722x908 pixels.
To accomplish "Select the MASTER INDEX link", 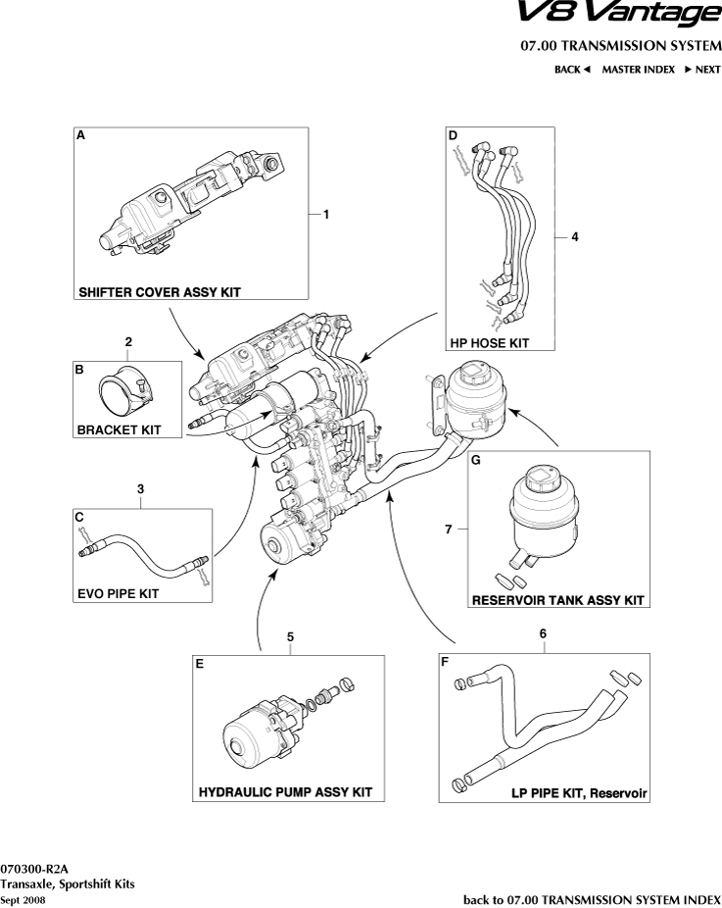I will pos(638,70).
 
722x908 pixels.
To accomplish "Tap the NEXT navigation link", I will pos(702,70).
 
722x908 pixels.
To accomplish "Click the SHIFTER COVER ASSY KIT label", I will pos(160,292).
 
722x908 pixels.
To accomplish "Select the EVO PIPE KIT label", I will pos(118,593).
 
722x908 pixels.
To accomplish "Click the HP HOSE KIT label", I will pos(489,343).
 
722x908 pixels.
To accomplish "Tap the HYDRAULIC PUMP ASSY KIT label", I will pos(285,791).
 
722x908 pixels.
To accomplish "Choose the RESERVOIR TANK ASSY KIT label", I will pos(557,600).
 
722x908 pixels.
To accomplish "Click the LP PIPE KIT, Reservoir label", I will pos(580,791).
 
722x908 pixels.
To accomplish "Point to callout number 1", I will pos(326,213).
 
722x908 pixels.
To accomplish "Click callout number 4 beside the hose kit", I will pos(575,236).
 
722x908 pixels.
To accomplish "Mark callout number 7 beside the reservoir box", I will pos(448,529).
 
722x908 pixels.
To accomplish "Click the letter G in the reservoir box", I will pos(475,459).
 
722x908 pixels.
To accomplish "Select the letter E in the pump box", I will pos(200,664).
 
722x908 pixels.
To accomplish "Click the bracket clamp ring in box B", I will pos(122,394).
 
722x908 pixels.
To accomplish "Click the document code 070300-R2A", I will pos(34,869).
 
